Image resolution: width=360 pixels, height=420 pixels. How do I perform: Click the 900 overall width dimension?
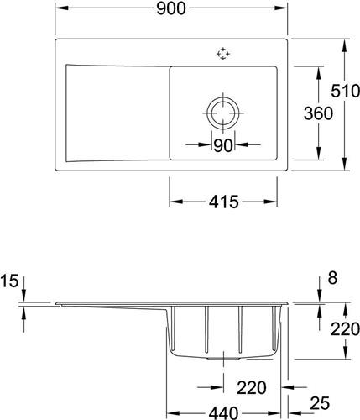coord(171,8)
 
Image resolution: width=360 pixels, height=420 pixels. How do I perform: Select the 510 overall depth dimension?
coord(346,91)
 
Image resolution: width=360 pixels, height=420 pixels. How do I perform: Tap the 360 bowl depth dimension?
coord(318,113)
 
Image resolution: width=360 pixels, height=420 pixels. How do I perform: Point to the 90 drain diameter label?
coord(223,145)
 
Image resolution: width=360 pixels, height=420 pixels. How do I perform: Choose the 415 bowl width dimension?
coord(224,202)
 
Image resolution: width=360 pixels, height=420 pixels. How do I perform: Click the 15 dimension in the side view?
coord(9,281)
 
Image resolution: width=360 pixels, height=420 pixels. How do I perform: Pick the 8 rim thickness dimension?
coord(332,278)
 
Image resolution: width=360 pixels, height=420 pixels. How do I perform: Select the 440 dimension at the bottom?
coord(224,412)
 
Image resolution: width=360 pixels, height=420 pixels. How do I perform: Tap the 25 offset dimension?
coord(320,403)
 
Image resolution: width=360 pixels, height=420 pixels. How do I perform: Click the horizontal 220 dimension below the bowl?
coord(252,388)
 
